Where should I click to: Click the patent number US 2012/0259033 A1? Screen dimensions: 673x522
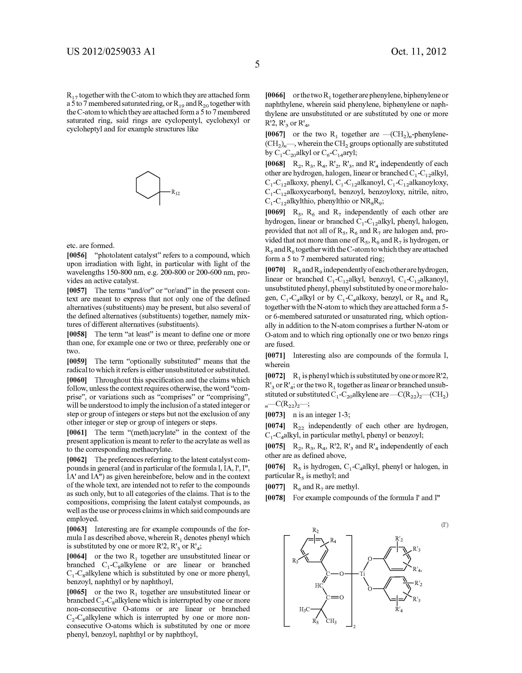111,51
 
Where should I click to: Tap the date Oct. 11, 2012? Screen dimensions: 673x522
418,51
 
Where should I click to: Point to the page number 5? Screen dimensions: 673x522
257,64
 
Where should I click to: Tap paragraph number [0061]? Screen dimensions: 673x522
77,433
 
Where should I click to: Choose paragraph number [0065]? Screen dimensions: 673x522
77,592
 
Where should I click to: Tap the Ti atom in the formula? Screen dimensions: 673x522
362,574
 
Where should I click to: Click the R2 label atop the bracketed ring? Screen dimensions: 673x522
315,530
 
